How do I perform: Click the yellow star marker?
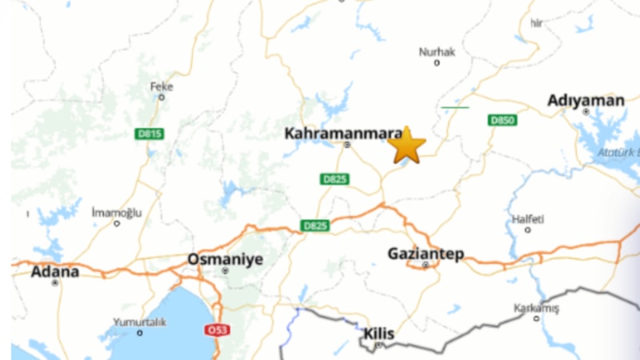407,145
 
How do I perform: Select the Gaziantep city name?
426,254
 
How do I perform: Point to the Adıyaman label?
586,100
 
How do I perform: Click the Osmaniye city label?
225,259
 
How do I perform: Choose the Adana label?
55,271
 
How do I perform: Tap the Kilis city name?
379,333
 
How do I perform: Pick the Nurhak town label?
437,52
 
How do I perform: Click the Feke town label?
162,86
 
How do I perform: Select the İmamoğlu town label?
116,212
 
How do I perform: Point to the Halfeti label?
528,218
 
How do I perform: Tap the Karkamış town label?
536,308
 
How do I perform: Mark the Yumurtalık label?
139,322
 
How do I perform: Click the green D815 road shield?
149,134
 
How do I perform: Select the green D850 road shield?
502,120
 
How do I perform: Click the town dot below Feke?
162,98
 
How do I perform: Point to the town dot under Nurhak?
438,63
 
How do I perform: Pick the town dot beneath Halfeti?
528,230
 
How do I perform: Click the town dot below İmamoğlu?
117,223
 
